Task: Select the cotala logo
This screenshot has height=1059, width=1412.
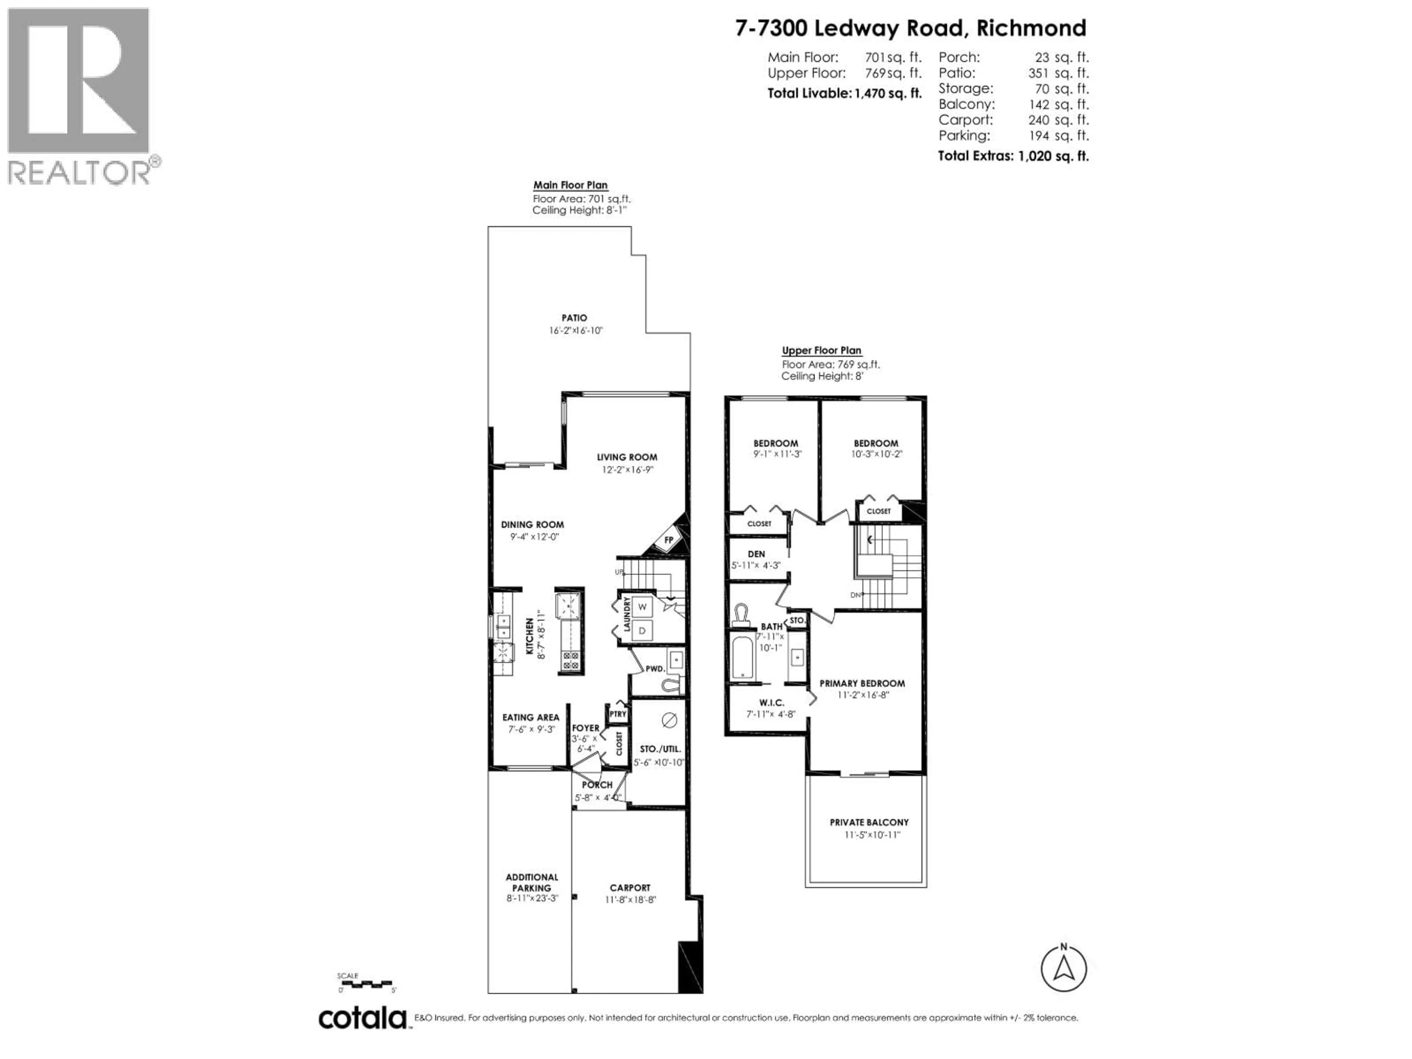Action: pyautogui.click(x=362, y=1017)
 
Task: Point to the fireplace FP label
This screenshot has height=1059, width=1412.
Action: pyautogui.click(x=669, y=539)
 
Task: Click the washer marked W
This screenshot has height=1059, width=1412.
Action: pyautogui.click(x=642, y=606)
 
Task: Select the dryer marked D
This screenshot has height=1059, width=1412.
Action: pyautogui.click(x=642, y=631)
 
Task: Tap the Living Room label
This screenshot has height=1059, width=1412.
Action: pyautogui.click(x=627, y=457)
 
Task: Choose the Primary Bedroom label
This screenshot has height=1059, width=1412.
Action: pyautogui.click(x=862, y=683)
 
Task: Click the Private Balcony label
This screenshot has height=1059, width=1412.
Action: pyautogui.click(x=869, y=822)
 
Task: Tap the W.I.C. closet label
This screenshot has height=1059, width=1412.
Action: pyautogui.click(x=771, y=703)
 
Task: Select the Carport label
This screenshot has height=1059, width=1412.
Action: pyautogui.click(x=630, y=887)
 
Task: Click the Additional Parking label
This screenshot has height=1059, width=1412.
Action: pyautogui.click(x=532, y=882)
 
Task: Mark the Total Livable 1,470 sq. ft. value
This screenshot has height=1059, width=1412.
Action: pyautogui.click(x=888, y=93)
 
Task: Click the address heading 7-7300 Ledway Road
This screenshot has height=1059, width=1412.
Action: pyautogui.click(x=910, y=28)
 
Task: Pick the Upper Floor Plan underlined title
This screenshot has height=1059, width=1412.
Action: pyautogui.click(x=821, y=350)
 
